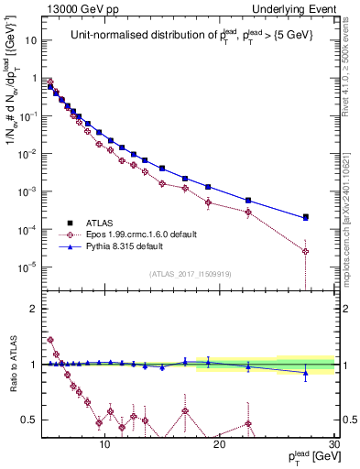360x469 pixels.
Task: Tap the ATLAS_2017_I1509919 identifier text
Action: pos(191,273)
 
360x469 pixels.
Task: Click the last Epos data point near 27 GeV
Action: pos(306,252)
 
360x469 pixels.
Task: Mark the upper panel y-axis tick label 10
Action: pos(30,40)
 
